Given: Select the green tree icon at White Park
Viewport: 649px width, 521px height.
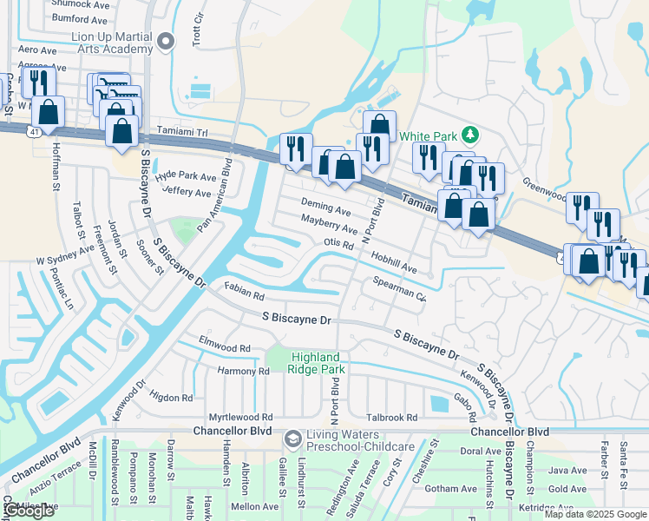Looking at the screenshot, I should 469,135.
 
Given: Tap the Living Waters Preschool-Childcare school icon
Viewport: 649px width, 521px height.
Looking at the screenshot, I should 292,439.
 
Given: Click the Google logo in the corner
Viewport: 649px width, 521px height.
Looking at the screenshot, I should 29,511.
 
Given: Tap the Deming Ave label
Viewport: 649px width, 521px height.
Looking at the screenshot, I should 325,210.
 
